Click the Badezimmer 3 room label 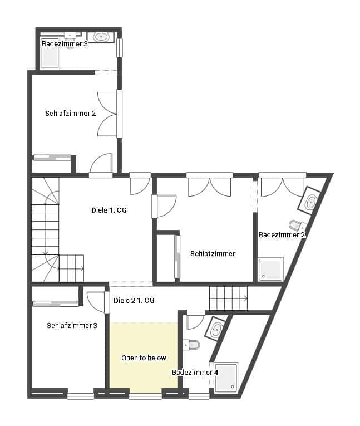pos(65,43)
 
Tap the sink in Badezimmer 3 pos(101,37)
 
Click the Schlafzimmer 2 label pos(71,113)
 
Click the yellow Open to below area pos(144,358)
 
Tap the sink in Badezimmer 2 pos(311,201)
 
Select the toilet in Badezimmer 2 pos(297,226)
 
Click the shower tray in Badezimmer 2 pos(271,269)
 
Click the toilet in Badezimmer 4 pos(193,345)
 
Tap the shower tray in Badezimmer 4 pos(226,378)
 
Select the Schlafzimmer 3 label pos(72,325)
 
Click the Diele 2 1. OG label pos(134,300)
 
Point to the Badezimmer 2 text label pos(282,235)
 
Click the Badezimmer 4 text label pos(195,372)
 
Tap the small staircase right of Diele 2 pos(228,298)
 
